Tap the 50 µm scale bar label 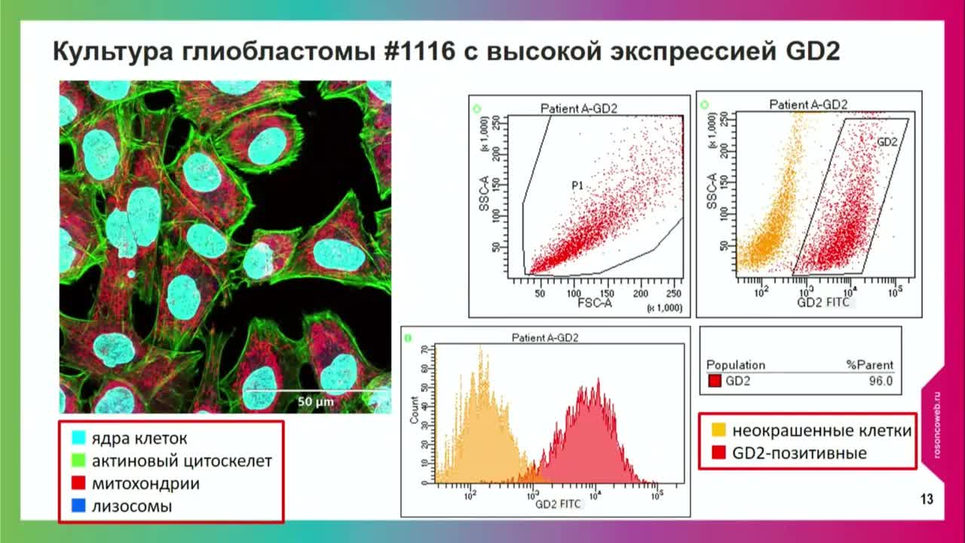(x=315, y=402)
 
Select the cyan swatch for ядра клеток (x=78, y=438)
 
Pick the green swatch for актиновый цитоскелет (x=78, y=461)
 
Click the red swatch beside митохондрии (x=78, y=483)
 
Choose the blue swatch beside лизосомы (x=78, y=506)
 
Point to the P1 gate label (x=577, y=185)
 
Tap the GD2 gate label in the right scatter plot (x=887, y=141)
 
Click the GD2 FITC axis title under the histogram (x=558, y=505)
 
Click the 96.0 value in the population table (x=880, y=382)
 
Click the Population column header (x=735, y=365)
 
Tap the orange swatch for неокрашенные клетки (x=719, y=431)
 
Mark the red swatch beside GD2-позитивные (x=719, y=453)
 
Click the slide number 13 (x=927, y=499)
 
